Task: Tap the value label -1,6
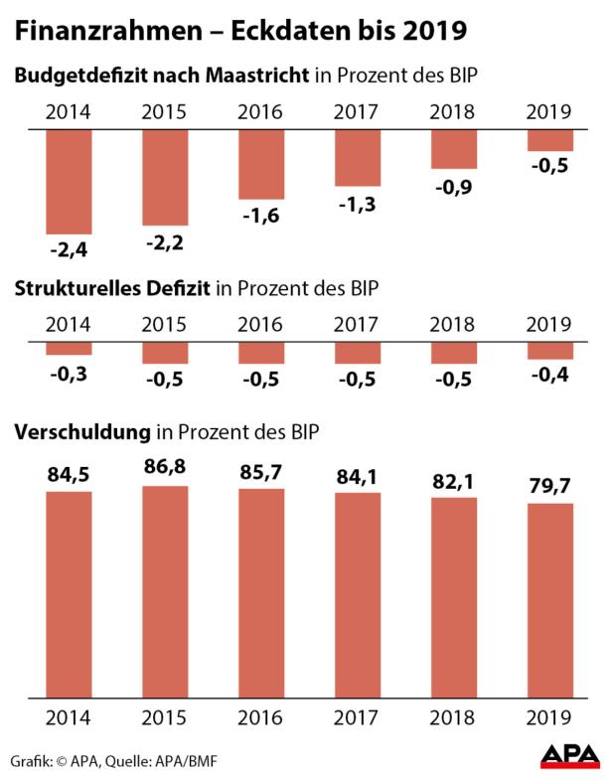point(261,214)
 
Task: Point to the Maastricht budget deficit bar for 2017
point(358,158)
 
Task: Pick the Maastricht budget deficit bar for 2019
point(549,140)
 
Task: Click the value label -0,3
point(69,372)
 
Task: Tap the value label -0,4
point(549,376)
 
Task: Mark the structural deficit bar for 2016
point(261,352)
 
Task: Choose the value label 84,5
point(69,475)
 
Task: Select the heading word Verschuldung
point(79,433)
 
